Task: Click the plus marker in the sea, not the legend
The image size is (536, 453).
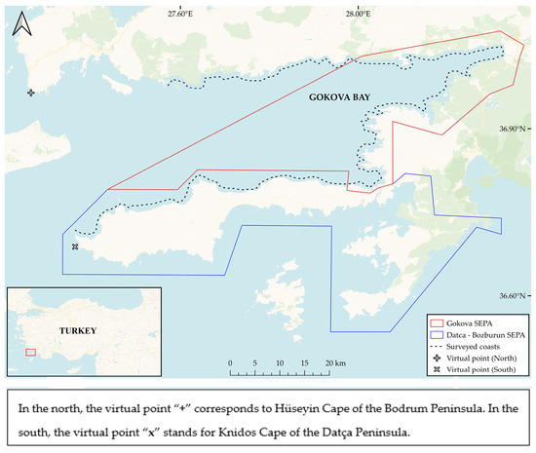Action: [x=31, y=93]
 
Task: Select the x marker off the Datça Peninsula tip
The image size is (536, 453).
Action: [x=74, y=246]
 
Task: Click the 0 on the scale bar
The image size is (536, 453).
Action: [x=230, y=361]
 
